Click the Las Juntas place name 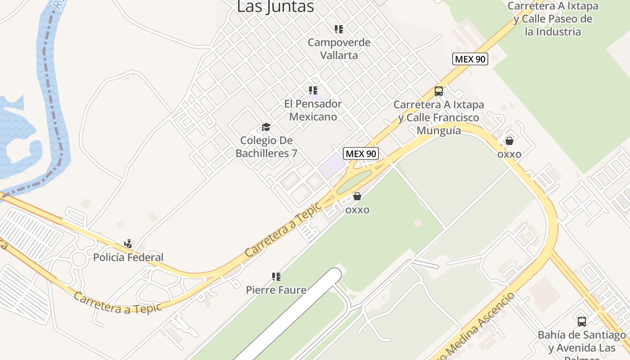click(275, 7)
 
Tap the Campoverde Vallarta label click(339, 49)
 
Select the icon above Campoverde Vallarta click(339, 30)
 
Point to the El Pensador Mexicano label click(313, 110)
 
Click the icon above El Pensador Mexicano click(313, 90)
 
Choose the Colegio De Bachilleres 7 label click(266, 147)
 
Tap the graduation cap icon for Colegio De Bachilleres click(266, 127)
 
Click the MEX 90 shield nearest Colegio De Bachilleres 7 click(360, 153)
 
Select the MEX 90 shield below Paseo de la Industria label click(470, 59)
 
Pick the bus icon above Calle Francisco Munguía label click(439, 91)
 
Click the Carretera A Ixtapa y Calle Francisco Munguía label click(439, 117)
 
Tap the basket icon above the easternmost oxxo click(509, 141)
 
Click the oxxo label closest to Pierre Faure click(357, 210)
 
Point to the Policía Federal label click(128, 257)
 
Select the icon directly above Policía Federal click(128, 244)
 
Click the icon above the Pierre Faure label click(276, 276)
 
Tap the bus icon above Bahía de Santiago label click(582, 321)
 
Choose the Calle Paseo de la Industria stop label click(553, 19)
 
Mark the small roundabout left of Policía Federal click(79, 259)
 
